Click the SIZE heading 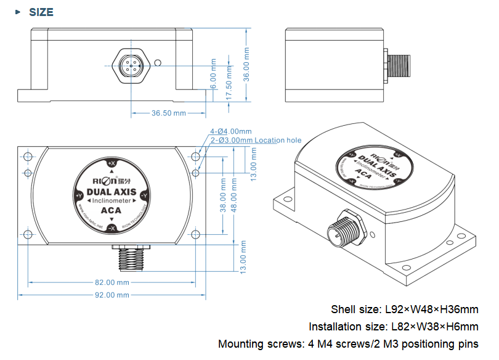(x=41, y=12)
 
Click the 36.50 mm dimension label (x=169, y=113)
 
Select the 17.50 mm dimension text (x=229, y=77)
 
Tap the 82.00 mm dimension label (x=112, y=282)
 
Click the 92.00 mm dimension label (x=112, y=295)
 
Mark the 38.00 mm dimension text (x=222, y=194)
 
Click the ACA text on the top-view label (x=111, y=211)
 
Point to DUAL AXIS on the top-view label (x=112, y=191)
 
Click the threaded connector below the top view (x=131, y=257)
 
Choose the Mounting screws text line (x=348, y=343)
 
